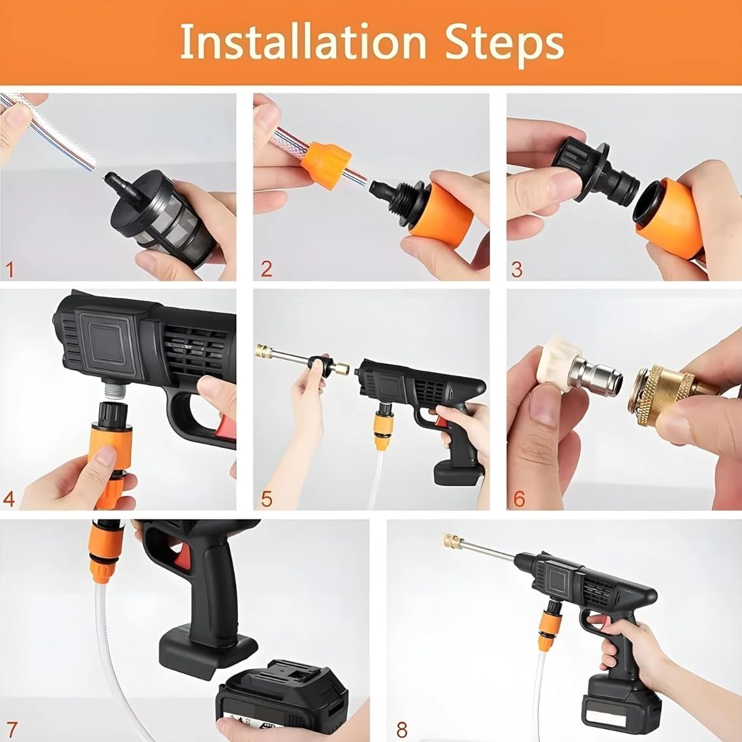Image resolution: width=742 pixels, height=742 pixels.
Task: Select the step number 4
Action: (x=9, y=499)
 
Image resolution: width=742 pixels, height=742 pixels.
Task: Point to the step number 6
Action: (x=519, y=499)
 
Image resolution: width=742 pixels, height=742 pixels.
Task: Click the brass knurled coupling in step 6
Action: (x=653, y=396)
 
